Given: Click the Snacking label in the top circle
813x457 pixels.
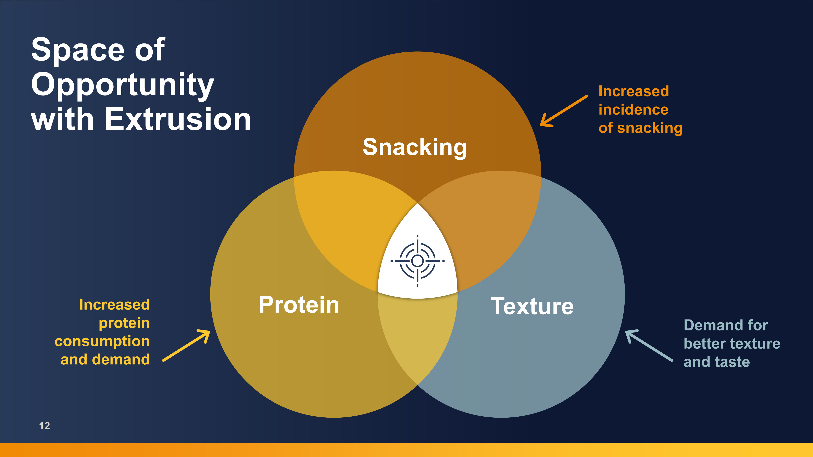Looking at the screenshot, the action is click(414, 148).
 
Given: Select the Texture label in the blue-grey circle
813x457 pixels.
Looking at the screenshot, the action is click(532, 306).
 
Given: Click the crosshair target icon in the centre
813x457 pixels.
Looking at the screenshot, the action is click(417, 261).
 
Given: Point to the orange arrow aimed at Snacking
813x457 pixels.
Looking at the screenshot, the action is click(564, 111).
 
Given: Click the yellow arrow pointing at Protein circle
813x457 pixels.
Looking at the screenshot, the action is click(186, 345).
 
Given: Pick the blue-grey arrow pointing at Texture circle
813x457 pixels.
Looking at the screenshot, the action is click(649, 345).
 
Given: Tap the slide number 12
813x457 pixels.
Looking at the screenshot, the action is click(45, 426).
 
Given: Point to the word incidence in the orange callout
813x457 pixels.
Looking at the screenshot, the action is click(633, 109).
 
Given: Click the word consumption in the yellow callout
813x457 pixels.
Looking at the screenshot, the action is click(102, 342).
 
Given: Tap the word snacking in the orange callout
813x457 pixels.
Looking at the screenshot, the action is click(650, 128).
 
